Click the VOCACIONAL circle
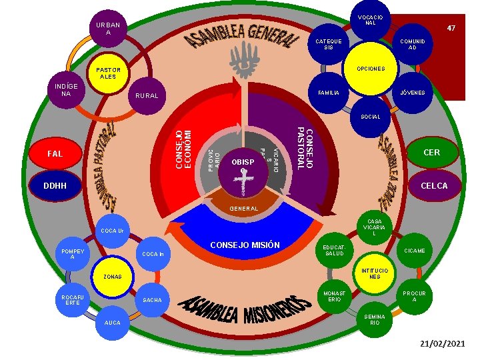370,20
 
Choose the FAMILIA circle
329,93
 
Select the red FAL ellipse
55,154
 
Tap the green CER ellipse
431,153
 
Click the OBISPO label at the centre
243,163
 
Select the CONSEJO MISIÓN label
245,245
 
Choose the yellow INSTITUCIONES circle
375,273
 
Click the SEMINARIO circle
375,319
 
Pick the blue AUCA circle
113,322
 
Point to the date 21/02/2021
442,343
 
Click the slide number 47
451,29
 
